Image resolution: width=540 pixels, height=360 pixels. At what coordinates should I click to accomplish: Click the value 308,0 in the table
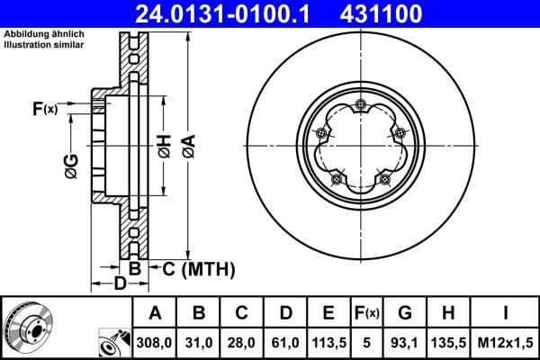(155, 342)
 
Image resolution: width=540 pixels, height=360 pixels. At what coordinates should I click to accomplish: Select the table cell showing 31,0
(199, 342)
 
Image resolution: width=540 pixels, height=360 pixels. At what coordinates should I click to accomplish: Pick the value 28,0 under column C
(242, 342)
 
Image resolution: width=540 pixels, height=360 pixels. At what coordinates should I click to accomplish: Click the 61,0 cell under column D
(285, 342)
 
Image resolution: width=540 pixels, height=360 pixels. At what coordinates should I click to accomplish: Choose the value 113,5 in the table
(328, 342)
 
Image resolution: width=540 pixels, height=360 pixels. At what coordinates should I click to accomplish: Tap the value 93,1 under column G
(405, 342)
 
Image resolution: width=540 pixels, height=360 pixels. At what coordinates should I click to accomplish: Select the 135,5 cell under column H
(448, 342)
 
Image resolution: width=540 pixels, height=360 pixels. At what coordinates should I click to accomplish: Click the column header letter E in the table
(328, 313)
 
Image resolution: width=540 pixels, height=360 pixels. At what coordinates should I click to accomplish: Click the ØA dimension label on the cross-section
(188, 146)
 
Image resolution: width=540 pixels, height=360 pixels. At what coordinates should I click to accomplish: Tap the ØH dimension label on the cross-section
(164, 146)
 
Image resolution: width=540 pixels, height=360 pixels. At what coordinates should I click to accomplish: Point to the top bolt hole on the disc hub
(360, 106)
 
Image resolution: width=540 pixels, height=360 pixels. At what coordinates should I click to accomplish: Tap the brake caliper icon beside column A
(113, 343)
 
